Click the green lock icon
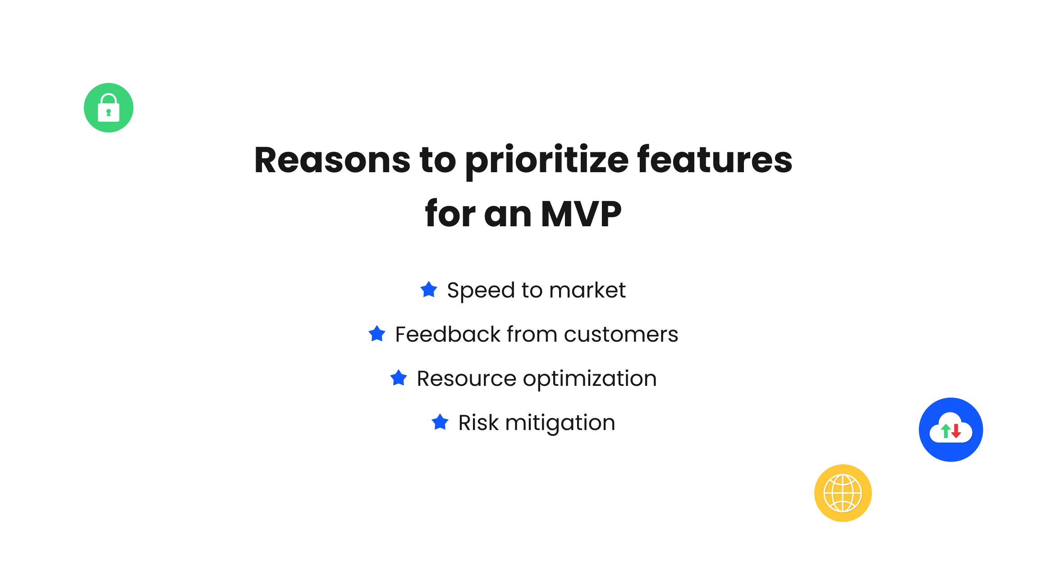click(x=109, y=108)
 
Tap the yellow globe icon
click(x=843, y=493)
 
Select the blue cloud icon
click(x=951, y=430)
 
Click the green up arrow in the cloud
click(x=946, y=431)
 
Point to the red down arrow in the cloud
click(x=956, y=431)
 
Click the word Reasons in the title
click(x=332, y=160)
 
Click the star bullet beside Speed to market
click(x=429, y=289)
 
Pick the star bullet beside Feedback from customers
click(x=377, y=334)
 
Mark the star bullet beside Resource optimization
click(x=399, y=378)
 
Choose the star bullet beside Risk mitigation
click(x=440, y=422)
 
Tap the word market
click(x=587, y=290)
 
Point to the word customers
click(x=621, y=335)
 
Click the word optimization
click(x=590, y=379)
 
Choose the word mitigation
click(x=560, y=423)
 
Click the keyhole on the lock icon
click(x=109, y=113)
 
